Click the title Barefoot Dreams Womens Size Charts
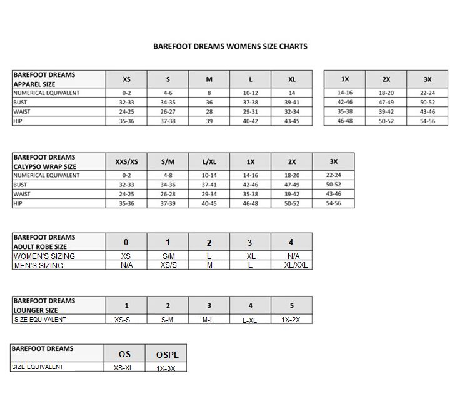click(x=230, y=46)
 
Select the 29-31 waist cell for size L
click(x=250, y=111)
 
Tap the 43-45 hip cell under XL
click(x=291, y=121)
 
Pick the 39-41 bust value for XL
click(x=291, y=102)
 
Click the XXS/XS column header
click(x=126, y=161)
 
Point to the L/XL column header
click(x=209, y=161)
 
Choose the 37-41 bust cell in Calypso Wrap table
click(x=209, y=185)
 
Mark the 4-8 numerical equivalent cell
click(x=168, y=175)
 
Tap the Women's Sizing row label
click(x=44, y=256)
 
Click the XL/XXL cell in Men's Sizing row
click(x=291, y=266)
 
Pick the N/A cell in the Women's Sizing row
click(x=291, y=256)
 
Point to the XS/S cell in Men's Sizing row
click(x=168, y=266)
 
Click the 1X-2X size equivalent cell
click(x=291, y=320)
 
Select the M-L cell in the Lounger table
click(x=209, y=320)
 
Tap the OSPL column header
click(x=166, y=355)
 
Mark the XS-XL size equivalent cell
click(x=124, y=368)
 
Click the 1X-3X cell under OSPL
click(x=166, y=368)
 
